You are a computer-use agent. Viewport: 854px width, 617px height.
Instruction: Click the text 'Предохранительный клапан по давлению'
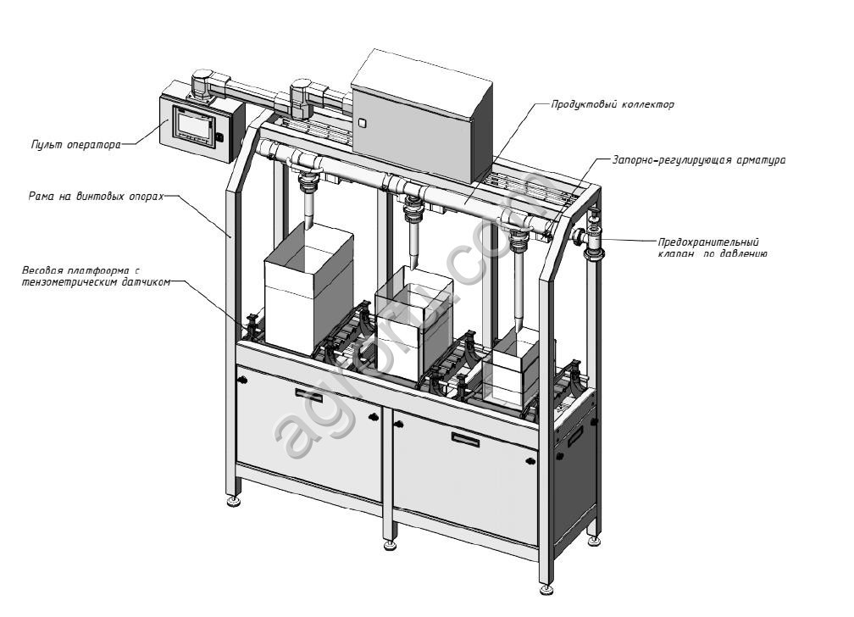tap(713, 247)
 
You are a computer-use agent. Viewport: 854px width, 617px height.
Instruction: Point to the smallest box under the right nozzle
tap(517, 369)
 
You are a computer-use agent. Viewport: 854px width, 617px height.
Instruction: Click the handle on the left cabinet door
tap(304, 393)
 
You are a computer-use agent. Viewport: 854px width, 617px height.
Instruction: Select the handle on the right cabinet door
tap(465, 439)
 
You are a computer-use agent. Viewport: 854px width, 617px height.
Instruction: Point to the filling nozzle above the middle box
tap(414, 237)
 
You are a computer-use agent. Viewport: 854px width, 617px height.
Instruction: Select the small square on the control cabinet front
tap(362, 124)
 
